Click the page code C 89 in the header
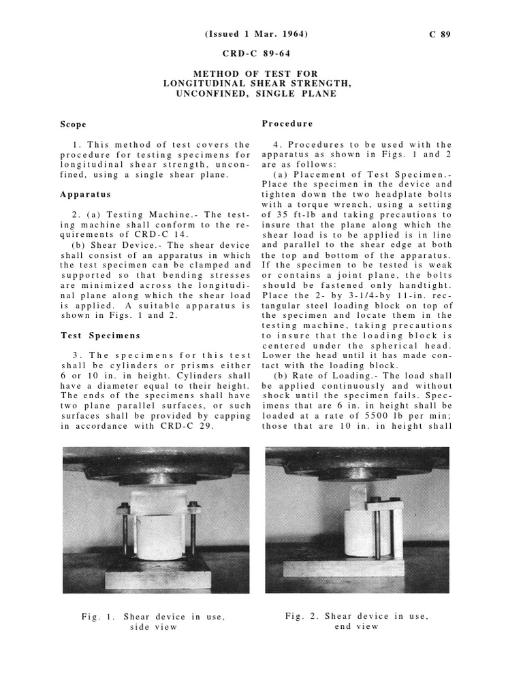pyautogui.click(x=439, y=35)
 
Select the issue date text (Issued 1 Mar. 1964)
pyautogui.click(x=261, y=35)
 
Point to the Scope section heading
pyautogui.click(x=73, y=125)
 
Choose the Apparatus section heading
pyautogui.click(x=84, y=194)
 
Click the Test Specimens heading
pyautogui.click(x=100, y=336)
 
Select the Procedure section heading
pyautogui.click(x=287, y=124)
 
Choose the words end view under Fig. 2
pyautogui.click(x=356, y=626)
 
